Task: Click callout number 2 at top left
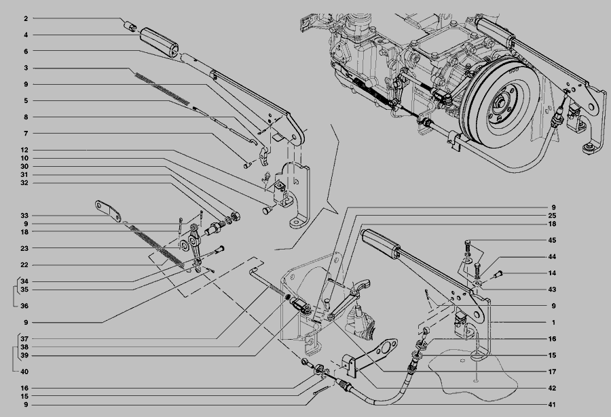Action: pyautogui.click(x=26, y=18)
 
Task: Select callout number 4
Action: pyautogui.click(x=26, y=35)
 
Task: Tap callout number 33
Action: pyautogui.click(x=24, y=216)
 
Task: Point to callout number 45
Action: pyautogui.click(x=552, y=240)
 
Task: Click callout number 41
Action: pyautogui.click(x=552, y=405)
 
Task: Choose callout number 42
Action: pyautogui.click(x=552, y=389)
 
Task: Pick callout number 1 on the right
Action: pyautogui.click(x=553, y=322)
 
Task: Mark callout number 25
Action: pyautogui.click(x=552, y=216)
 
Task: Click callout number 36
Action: pyautogui.click(x=24, y=306)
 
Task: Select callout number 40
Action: pyautogui.click(x=24, y=372)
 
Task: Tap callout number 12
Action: pyautogui.click(x=24, y=150)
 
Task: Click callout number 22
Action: pyautogui.click(x=24, y=264)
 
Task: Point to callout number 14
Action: pyautogui.click(x=552, y=273)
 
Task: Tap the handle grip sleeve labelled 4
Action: pyautogui.click(x=159, y=43)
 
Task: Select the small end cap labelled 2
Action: pyautogui.click(x=130, y=26)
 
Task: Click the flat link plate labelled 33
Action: pyautogui.click(x=108, y=211)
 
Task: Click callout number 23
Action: pyautogui.click(x=24, y=248)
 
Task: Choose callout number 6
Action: pyautogui.click(x=26, y=51)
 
